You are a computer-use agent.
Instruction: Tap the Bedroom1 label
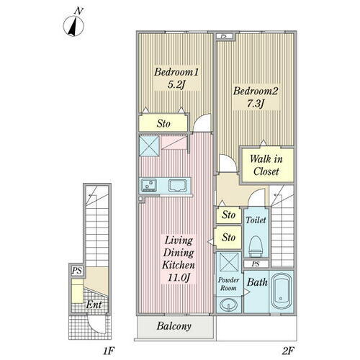coord(176,72)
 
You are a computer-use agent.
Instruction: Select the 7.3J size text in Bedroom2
coord(256,104)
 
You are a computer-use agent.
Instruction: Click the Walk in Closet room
coord(267,165)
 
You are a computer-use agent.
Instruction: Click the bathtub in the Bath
coord(282,291)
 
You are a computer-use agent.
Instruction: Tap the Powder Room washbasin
coord(228,305)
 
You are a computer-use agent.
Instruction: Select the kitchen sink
coord(178,186)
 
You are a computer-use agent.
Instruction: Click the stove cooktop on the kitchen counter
coord(149,185)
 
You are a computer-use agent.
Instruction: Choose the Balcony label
coord(174,326)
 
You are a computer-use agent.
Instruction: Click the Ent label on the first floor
coord(94,305)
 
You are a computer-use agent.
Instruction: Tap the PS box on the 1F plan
coord(76,271)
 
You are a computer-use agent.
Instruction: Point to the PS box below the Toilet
coord(256,264)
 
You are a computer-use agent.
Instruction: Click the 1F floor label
coord(108,351)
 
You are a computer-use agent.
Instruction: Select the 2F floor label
coord(288,351)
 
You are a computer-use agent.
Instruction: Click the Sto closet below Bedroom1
coord(163,123)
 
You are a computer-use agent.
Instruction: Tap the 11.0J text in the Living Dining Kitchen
coord(179,278)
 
